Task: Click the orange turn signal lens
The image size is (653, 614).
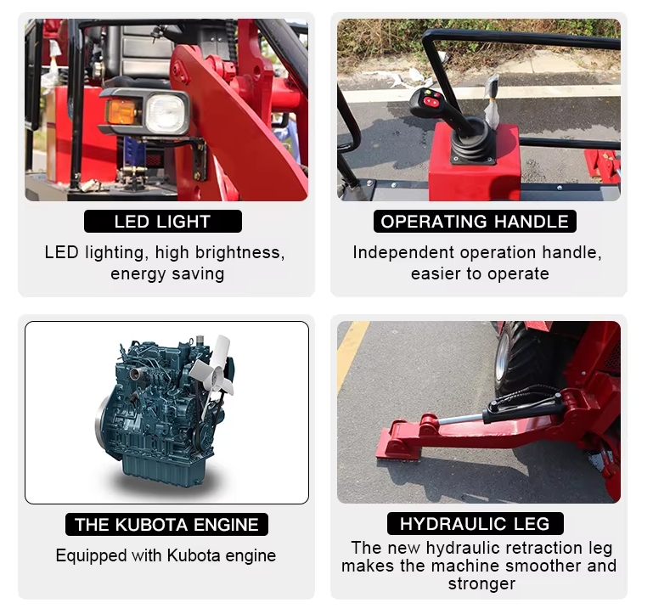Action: (x=121, y=110)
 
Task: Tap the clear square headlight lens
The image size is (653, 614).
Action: (x=166, y=112)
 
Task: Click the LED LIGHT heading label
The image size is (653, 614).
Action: (x=162, y=221)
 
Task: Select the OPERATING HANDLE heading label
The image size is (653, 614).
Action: (x=475, y=221)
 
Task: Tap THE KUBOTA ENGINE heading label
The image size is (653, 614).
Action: (x=166, y=525)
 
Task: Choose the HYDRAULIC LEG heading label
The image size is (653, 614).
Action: (x=476, y=524)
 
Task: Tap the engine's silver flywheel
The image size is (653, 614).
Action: (x=101, y=420)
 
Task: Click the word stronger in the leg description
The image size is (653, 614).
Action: (x=481, y=583)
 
